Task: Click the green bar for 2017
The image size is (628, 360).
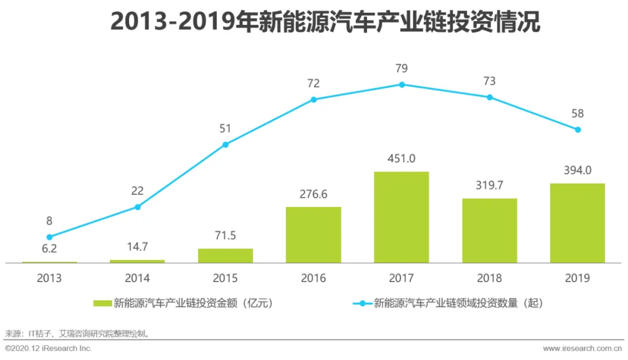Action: [401, 217]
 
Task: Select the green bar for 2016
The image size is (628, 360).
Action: [313, 234]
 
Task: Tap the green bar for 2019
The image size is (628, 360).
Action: [577, 223]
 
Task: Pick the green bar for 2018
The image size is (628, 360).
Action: [490, 231]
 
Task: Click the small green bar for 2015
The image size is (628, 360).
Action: [226, 256]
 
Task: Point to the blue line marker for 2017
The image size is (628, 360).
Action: [402, 85]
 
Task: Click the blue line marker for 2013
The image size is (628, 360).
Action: [49, 237]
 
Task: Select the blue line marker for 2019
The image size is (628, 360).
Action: [577, 130]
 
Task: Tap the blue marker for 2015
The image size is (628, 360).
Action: [226, 145]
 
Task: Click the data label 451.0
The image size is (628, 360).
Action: [401, 159]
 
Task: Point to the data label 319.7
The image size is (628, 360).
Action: [490, 186]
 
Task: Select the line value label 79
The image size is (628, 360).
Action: [401, 69]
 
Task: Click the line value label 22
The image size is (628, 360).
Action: [137, 191]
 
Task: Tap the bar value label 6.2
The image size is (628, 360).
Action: [49, 249]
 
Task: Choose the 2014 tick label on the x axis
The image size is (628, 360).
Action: [137, 278]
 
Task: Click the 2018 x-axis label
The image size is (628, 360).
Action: [490, 278]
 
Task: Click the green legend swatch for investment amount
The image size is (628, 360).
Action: [102, 303]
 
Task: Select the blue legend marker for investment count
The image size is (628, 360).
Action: [362, 304]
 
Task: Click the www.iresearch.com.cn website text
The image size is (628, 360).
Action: [582, 348]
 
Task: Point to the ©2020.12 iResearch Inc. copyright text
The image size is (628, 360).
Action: [48, 348]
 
